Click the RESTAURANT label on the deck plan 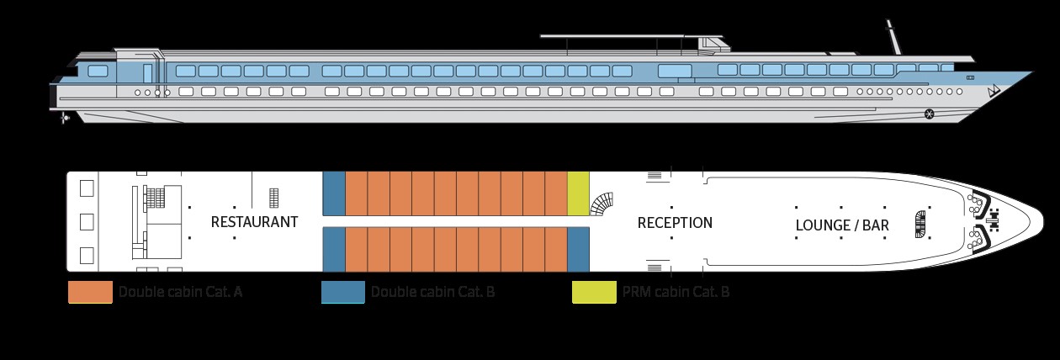pyautogui.click(x=254, y=222)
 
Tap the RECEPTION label pyautogui.click(x=675, y=223)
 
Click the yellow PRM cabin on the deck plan pyautogui.click(x=579, y=193)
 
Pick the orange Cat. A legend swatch pyautogui.click(x=90, y=293)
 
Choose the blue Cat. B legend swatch pyautogui.click(x=343, y=293)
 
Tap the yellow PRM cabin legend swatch pyautogui.click(x=593, y=293)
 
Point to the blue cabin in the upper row pyautogui.click(x=334, y=193)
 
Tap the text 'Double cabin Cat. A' pyautogui.click(x=181, y=293)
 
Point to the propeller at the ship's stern pyautogui.click(x=66, y=119)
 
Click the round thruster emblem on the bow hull pyautogui.click(x=929, y=114)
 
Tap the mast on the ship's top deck pyautogui.click(x=893, y=37)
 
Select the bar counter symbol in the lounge pyautogui.click(x=919, y=222)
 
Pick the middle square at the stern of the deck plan pyautogui.click(x=87, y=222)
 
